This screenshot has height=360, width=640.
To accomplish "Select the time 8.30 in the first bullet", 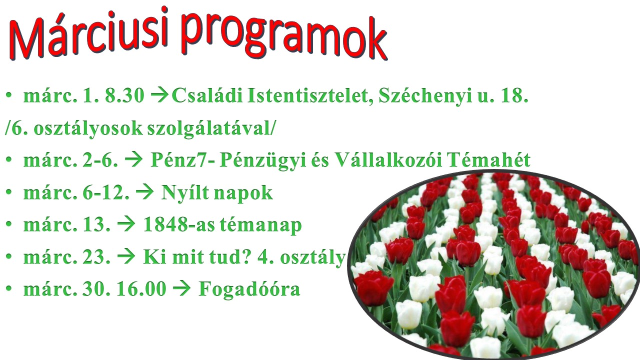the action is [125, 95].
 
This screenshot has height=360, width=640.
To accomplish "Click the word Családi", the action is [207, 95].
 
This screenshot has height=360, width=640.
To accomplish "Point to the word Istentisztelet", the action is [310, 95].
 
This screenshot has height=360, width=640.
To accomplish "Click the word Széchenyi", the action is [425, 95].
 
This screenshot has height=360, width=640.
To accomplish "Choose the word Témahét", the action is [489, 159].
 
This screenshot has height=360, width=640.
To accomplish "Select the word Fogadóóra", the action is [249, 289].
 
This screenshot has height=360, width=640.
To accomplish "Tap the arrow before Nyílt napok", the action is [144, 192].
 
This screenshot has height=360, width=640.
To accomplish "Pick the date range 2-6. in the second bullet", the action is [100, 160].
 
